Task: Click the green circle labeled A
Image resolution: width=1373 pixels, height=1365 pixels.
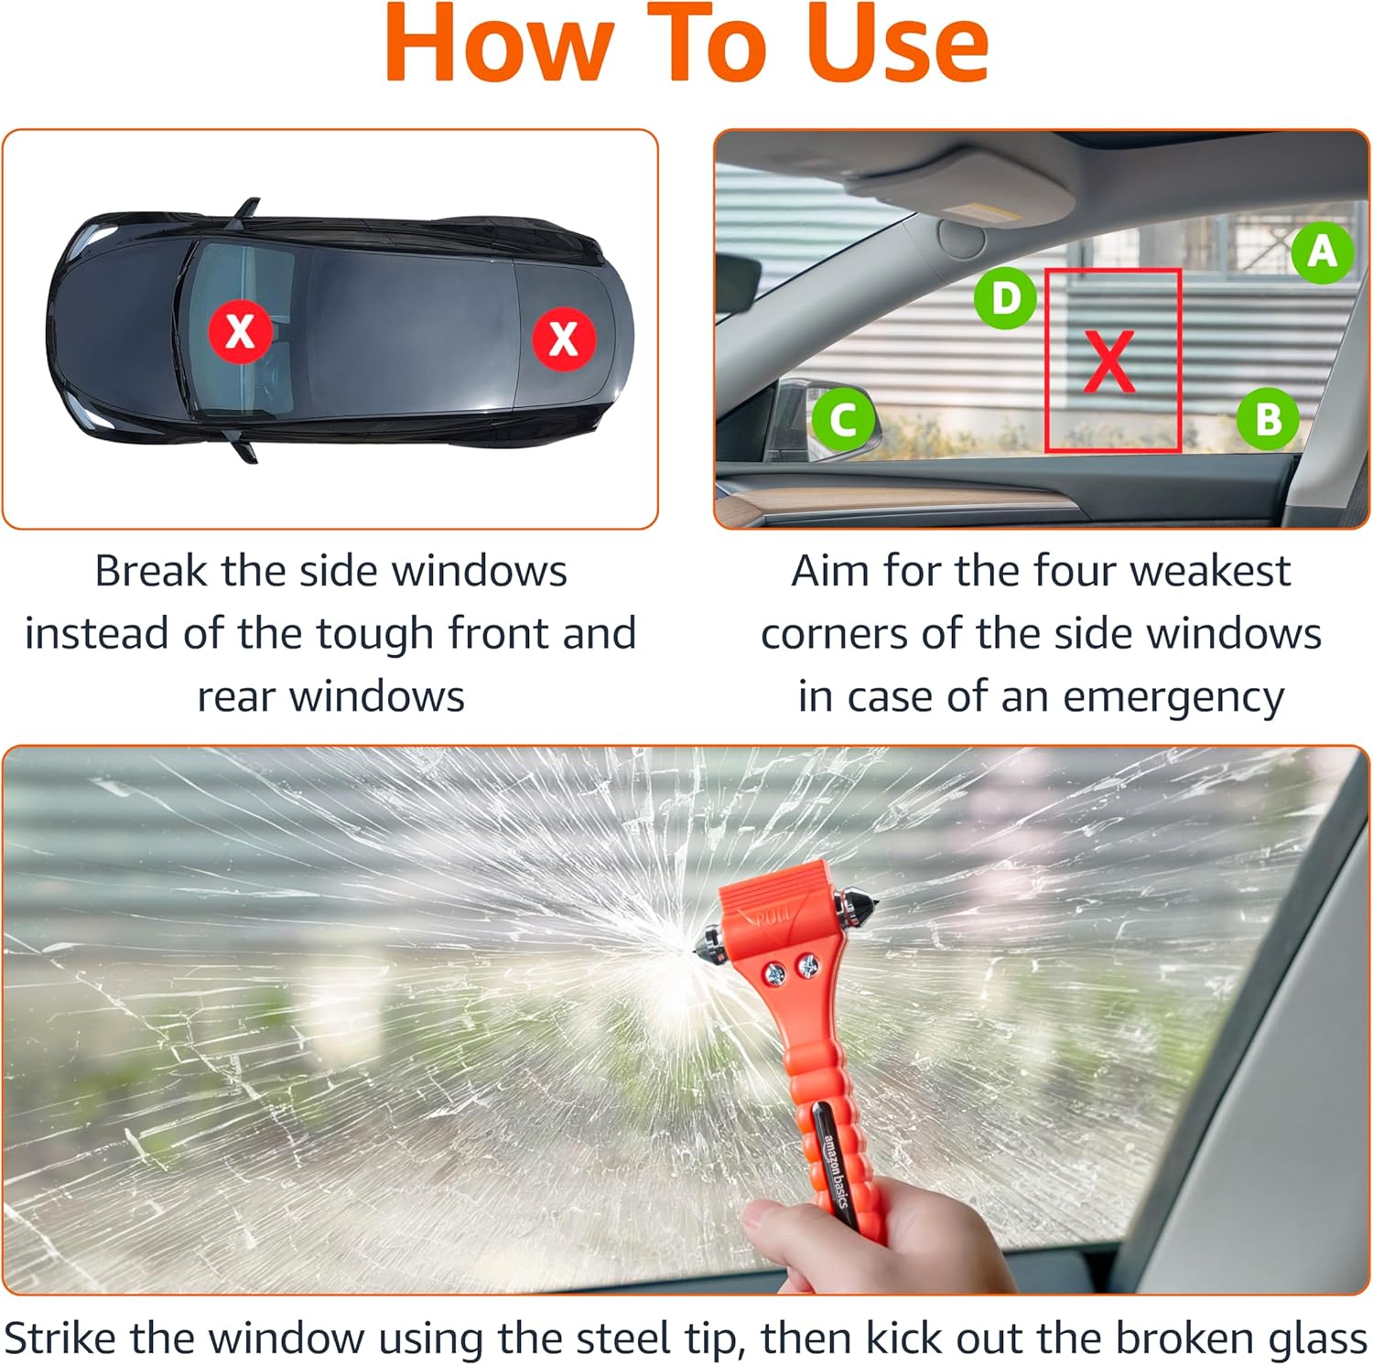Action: click(x=1323, y=252)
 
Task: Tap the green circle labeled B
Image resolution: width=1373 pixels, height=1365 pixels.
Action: click(x=1268, y=420)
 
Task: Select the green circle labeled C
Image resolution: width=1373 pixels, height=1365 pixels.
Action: click(x=844, y=420)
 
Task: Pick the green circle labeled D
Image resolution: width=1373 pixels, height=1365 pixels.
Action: click(x=1005, y=298)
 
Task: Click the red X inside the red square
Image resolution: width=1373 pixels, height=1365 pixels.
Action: click(x=1109, y=361)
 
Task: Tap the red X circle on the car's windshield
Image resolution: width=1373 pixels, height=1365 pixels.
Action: click(x=240, y=331)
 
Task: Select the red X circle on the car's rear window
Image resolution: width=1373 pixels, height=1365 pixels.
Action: click(x=564, y=339)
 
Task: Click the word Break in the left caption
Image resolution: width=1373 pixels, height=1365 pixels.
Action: click(x=151, y=572)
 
